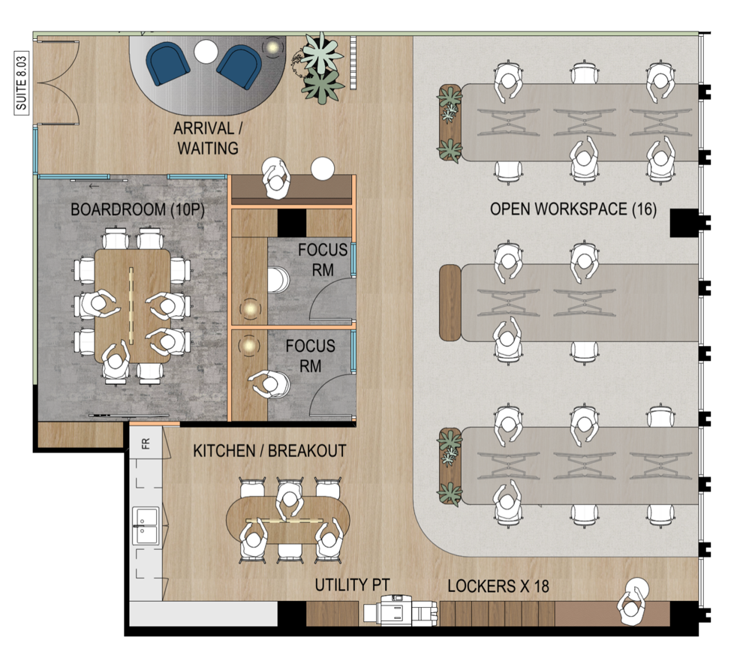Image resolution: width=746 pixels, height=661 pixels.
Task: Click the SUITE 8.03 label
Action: (22, 83)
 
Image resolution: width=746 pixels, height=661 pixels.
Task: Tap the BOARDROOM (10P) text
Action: (138, 209)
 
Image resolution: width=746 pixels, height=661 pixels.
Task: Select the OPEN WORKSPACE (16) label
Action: (573, 209)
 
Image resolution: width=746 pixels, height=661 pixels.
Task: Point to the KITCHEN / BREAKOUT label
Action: (269, 451)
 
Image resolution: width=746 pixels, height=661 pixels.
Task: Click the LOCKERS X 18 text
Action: (498, 586)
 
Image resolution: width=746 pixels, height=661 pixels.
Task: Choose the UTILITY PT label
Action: (352, 585)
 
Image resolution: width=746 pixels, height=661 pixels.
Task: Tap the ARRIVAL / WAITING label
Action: (208, 138)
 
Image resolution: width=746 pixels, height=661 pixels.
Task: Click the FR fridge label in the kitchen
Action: (146, 443)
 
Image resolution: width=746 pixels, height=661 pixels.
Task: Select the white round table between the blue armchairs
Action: (206, 51)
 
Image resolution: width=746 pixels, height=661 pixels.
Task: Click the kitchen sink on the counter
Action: (146, 525)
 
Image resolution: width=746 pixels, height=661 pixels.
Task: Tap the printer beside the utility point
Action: (400, 610)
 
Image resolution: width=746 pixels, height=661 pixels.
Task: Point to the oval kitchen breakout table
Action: (288, 520)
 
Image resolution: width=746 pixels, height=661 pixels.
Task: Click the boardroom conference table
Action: (132, 305)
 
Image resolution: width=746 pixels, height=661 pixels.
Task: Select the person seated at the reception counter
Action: (275, 179)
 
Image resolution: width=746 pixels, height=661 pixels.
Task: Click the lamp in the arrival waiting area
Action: (272, 47)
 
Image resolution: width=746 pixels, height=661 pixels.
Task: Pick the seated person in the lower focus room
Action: (269, 384)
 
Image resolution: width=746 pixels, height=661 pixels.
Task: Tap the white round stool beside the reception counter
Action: (323, 169)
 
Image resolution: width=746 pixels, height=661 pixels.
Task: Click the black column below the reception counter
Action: (292, 223)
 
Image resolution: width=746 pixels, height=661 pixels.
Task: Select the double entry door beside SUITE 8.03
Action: (58, 83)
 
